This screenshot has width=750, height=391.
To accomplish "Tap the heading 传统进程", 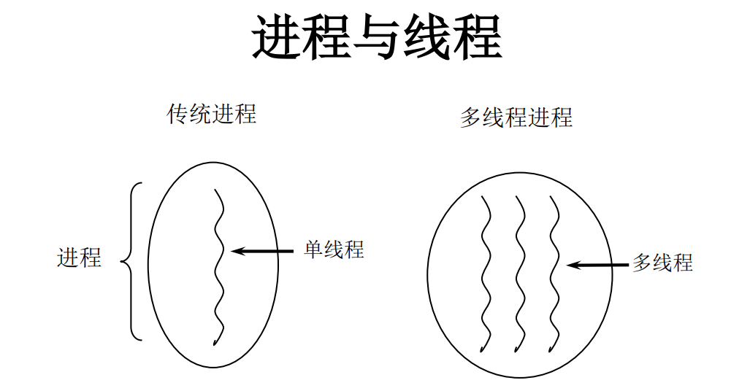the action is (212, 115).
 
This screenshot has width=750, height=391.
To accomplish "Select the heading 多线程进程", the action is (516, 117).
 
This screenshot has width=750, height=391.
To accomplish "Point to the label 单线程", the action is (334, 249).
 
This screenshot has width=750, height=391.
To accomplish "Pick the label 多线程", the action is (662, 263).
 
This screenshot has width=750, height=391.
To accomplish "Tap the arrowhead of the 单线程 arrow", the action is (236, 251).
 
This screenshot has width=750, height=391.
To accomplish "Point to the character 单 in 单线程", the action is (314, 249).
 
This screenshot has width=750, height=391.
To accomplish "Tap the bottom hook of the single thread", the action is (215, 341).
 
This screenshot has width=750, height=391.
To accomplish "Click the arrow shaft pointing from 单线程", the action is (270, 251).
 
